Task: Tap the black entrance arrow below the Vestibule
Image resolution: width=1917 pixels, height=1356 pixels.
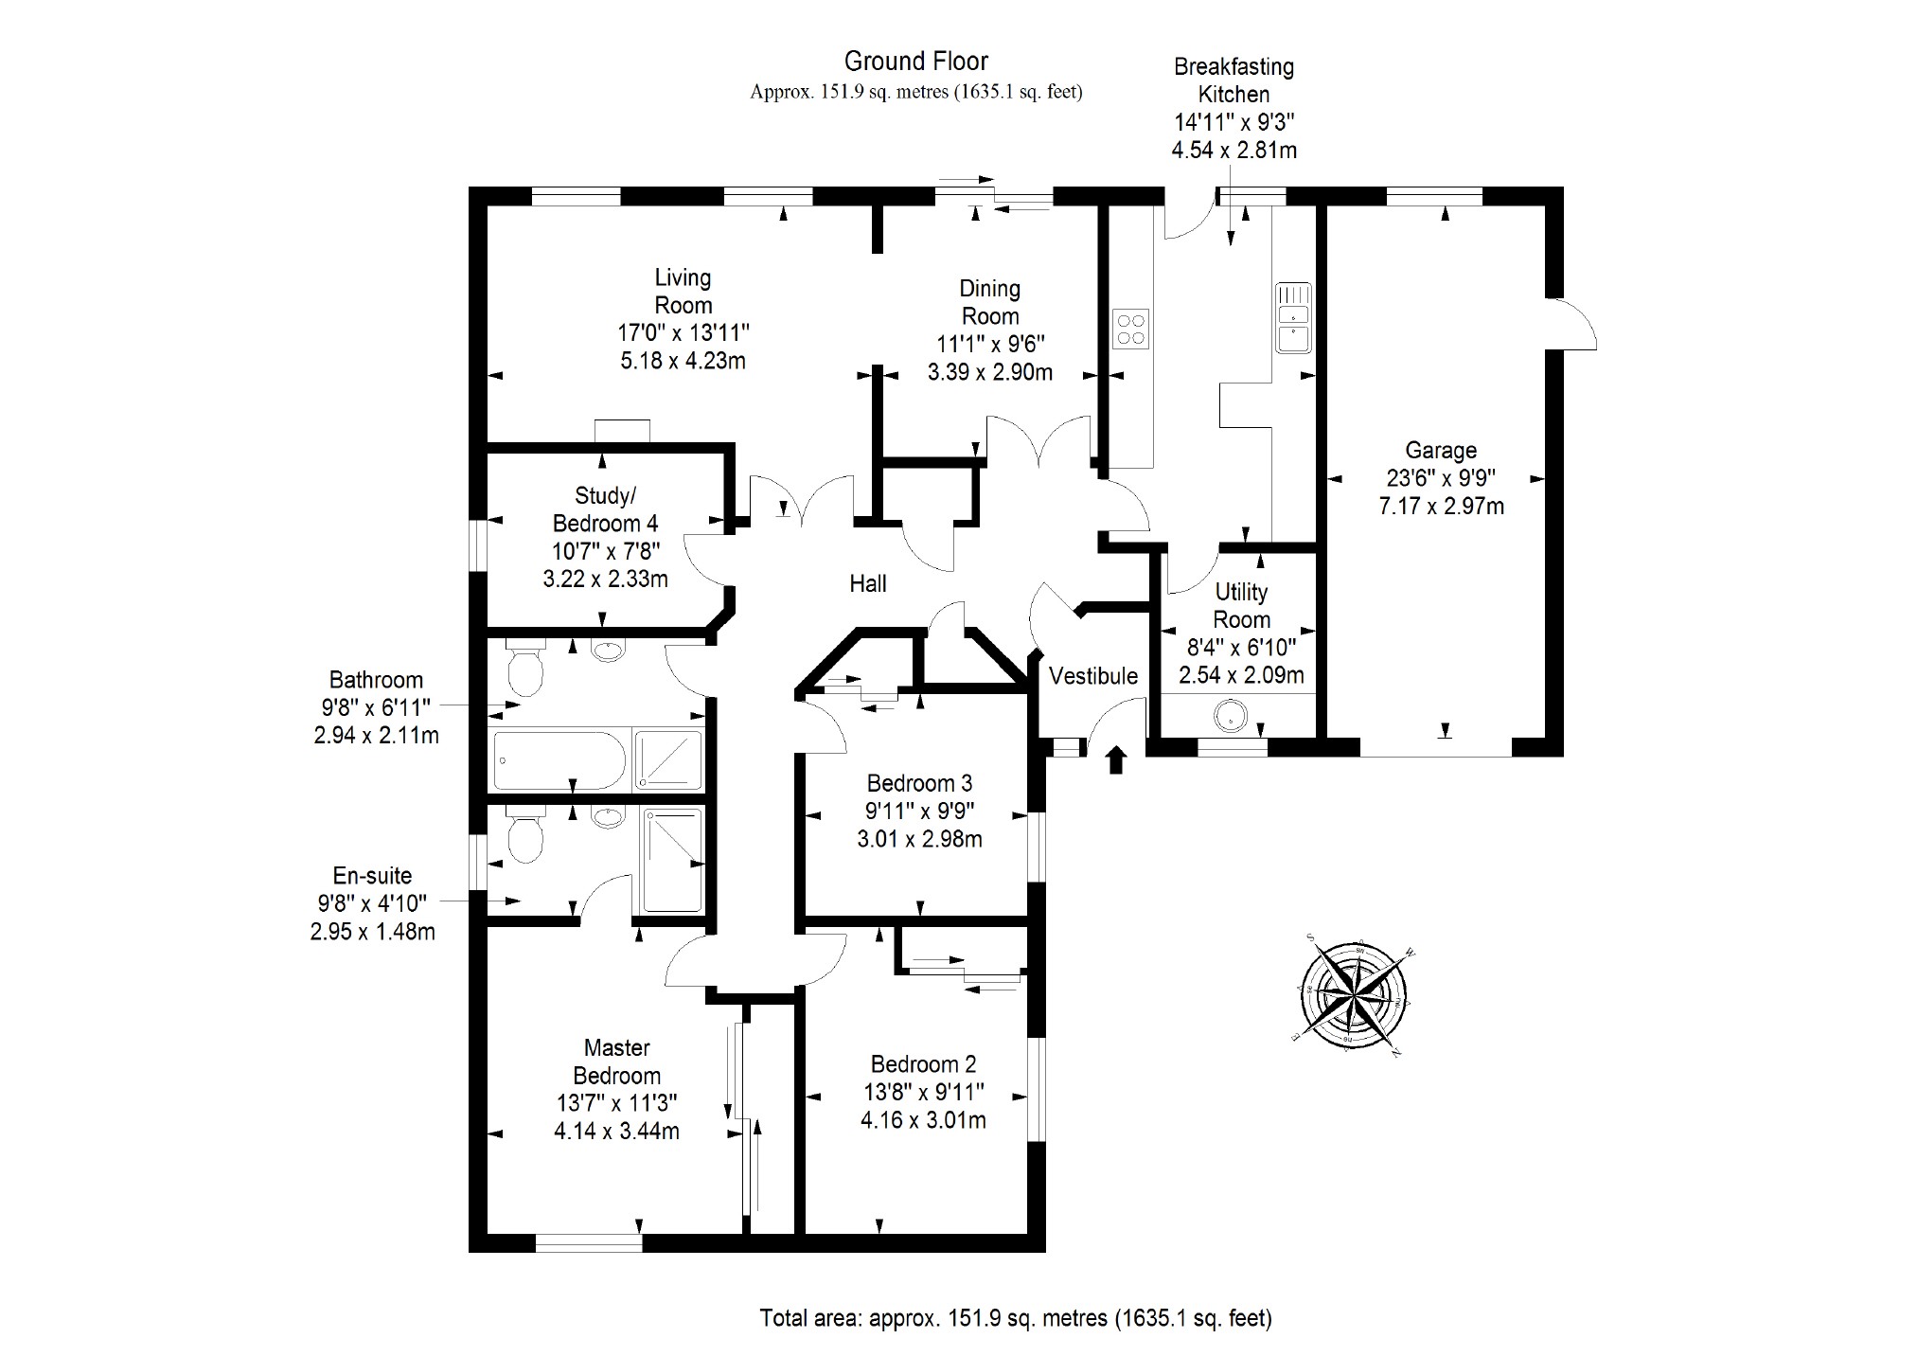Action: tap(1116, 759)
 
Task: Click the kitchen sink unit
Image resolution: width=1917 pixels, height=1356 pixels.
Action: tap(1292, 317)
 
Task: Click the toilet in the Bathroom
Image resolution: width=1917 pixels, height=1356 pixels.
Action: tap(524, 667)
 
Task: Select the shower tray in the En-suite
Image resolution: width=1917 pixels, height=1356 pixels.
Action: tap(672, 860)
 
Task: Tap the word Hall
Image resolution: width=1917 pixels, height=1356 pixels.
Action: tap(868, 583)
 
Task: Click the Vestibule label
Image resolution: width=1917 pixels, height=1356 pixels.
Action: tap(1093, 676)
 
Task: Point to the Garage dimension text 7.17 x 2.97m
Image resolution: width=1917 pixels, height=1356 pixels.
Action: tap(1441, 506)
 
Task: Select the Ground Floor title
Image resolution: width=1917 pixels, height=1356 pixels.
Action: tap(916, 62)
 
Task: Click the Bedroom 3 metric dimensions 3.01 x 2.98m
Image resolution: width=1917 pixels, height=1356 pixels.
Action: tap(920, 839)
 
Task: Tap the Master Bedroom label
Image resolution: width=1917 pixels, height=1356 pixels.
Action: tap(617, 1062)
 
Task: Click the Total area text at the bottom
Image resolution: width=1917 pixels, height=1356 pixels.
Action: tap(1016, 1318)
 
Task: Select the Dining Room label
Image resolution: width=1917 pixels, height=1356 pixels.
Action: tap(990, 302)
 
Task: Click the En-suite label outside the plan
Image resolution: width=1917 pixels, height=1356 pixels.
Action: tap(372, 876)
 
